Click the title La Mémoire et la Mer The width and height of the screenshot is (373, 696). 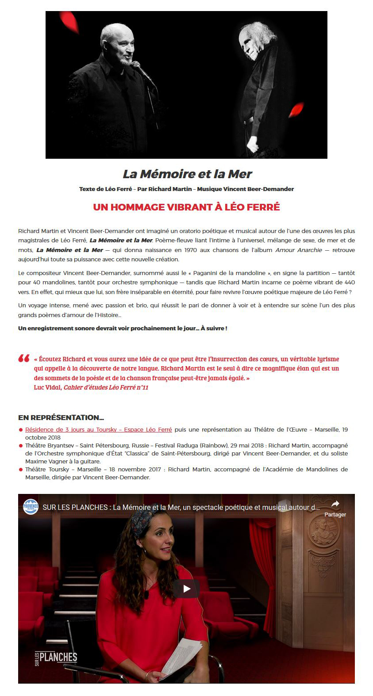point(187,174)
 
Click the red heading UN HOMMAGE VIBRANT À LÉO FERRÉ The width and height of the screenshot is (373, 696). point(186,207)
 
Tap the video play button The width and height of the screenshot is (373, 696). point(186,589)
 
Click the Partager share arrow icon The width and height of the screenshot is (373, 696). point(335,504)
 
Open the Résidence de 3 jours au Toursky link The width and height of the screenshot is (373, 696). point(98,429)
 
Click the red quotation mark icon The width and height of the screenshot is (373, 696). point(24,359)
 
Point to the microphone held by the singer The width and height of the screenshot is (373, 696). point(141,70)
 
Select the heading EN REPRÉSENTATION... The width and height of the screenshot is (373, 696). point(61,417)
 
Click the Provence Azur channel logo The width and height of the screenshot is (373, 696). point(31,507)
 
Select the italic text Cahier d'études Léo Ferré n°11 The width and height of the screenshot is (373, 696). point(106,387)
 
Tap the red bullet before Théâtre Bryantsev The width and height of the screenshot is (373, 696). point(21,446)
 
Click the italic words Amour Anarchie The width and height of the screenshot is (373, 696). point(299,250)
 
